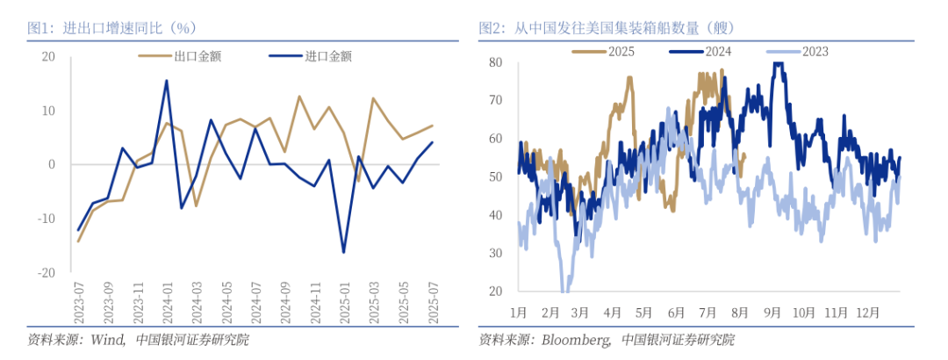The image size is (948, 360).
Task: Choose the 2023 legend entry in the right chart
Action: coord(814,51)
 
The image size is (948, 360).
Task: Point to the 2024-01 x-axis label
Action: coord(167,304)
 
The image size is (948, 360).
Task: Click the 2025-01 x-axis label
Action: coord(344,304)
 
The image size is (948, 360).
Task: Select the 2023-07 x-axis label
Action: coord(78,304)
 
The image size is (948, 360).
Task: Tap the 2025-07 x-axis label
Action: coord(433,304)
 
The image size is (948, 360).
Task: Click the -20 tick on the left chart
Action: coord(45,273)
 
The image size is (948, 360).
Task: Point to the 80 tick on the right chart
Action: coord(495,62)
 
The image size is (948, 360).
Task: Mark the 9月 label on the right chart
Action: coord(772,312)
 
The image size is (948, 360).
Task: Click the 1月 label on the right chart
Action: coord(517,312)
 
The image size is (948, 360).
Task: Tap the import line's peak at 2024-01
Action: coord(167,81)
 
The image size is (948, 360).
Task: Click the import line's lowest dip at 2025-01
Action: coord(343,253)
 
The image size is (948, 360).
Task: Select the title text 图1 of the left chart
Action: coord(40,28)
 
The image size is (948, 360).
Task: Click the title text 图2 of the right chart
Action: coord(492,28)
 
